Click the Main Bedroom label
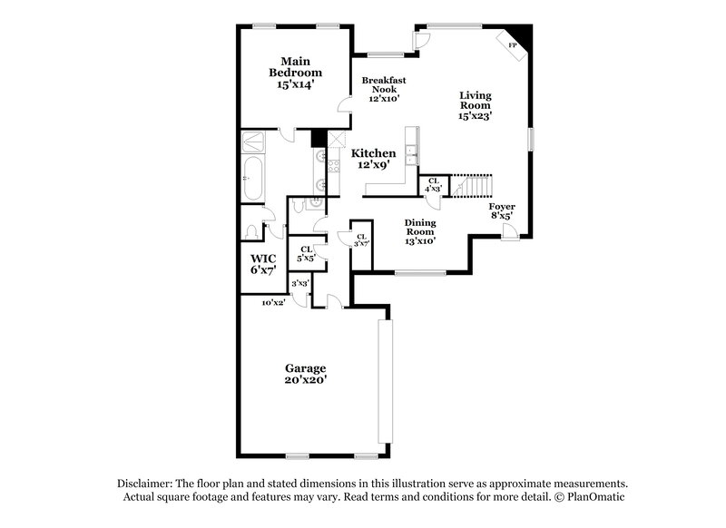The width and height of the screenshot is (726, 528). pos(295,72)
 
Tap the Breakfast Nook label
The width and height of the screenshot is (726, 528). pos(384,89)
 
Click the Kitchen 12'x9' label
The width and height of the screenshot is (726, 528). pos(373,160)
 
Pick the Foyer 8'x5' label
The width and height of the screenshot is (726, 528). pos(501,212)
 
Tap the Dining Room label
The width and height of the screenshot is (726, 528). pos(419,231)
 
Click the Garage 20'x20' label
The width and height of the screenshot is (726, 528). pos(306,374)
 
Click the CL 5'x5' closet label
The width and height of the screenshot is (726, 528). pos(306,254)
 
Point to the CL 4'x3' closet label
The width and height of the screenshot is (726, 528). pos(433,185)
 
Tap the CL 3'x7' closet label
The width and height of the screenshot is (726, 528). pos(361,239)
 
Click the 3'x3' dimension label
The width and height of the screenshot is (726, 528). pos(299,284)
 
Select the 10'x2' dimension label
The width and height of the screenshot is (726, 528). pos(273,302)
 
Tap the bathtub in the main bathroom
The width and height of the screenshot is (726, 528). pos(252,180)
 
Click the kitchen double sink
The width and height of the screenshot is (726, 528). pos(411,156)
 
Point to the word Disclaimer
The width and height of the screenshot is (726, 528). pos(148,484)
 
